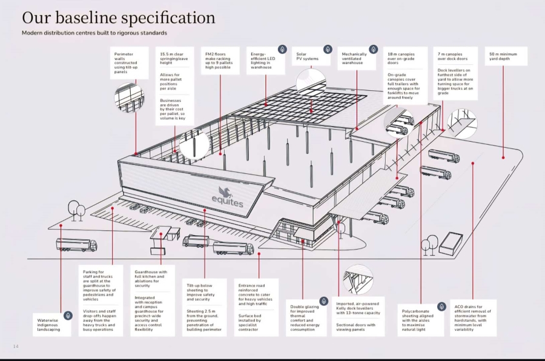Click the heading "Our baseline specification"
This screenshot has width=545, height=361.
click(x=119, y=18)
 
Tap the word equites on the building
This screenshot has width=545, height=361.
click(x=228, y=201)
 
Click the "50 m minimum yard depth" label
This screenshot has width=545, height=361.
click(x=503, y=56)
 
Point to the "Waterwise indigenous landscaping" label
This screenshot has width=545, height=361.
click(x=48, y=325)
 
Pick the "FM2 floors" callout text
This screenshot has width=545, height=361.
click(x=219, y=61)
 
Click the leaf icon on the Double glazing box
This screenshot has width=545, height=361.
click(x=323, y=301)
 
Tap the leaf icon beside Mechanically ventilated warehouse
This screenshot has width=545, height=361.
click(x=373, y=50)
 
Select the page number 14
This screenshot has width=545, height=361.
click(x=16, y=346)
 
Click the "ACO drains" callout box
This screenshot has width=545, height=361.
click(x=473, y=318)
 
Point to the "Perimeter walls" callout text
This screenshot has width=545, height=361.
click(x=126, y=63)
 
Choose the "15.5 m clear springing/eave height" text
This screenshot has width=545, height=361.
click(x=174, y=58)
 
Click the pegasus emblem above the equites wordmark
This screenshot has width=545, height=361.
click(x=225, y=191)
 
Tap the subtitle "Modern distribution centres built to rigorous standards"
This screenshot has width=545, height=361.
click(x=94, y=33)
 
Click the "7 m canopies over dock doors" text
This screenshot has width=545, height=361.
click(x=452, y=56)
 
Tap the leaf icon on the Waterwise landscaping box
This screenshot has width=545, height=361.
click(x=68, y=316)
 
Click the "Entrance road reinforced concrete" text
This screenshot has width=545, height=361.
click(x=256, y=294)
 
